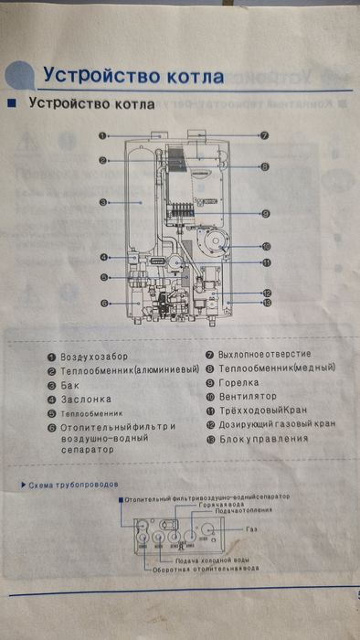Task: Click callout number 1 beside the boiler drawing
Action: (x=105, y=135)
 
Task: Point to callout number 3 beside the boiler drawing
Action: (x=105, y=201)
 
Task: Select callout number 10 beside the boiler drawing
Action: (x=265, y=245)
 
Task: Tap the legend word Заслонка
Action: (x=85, y=400)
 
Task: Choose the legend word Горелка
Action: (x=238, y=382)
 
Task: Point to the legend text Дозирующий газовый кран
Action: (x=276, y=425)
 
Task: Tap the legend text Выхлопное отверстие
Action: (x=264, y=354)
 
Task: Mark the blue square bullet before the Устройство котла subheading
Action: (x=12, y=102)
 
